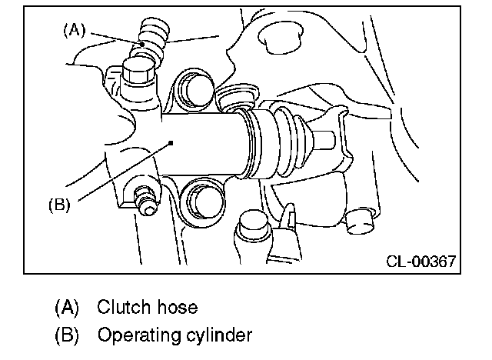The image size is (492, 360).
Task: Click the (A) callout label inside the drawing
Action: click(74, 30)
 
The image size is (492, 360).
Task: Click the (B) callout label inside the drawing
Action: click(59, 205)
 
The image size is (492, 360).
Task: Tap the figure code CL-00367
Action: click(419, 262)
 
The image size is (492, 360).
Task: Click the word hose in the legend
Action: click(178, 308)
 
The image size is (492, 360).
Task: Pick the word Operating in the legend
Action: click(136, 335)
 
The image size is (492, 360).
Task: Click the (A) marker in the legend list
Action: click(67, 308)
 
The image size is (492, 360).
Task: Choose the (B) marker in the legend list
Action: click(67, 335)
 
